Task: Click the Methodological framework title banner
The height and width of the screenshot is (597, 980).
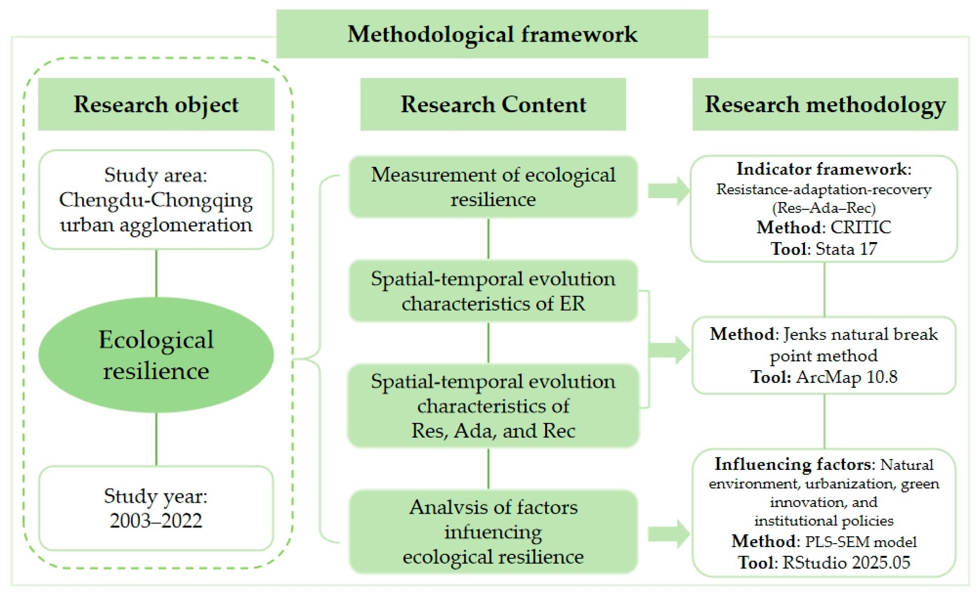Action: pyautogui.click(x=492, y=34)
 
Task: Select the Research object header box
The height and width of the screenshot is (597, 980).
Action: pyautogui.click(x=156, y=104)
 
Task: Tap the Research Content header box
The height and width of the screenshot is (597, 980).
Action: pyautogui.click(x=493, y=104)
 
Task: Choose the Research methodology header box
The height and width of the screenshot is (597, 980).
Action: pyautogui.click(x=825, y=104)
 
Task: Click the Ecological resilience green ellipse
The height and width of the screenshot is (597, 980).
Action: pyautogui.click(x=156, y=355)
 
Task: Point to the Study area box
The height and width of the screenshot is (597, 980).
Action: pyautogui.click(x=156, y=200)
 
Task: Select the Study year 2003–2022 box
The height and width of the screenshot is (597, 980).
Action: pyautogui.click(x=156, y=508)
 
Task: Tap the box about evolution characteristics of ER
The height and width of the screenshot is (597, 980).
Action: pyautogui.click(x=493, y=291)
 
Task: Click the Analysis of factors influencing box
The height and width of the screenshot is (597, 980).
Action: pyautogui.click(x=493, y=532)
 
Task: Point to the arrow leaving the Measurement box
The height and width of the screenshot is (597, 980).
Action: pyautogui.click(x=669, y=191)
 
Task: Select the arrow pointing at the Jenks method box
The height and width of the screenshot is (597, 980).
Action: pyautogui.click(x=669, y=350)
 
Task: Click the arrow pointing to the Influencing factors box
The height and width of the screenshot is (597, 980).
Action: pyautogui.click(x=669, y=534)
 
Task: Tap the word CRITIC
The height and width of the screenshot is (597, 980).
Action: pyautogui.click(x=861, y=227)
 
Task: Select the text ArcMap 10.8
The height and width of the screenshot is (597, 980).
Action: pyautogui.click(x=847, y=377)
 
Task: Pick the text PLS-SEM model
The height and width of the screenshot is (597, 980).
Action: pyautogui.click(x=861, y=542)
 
